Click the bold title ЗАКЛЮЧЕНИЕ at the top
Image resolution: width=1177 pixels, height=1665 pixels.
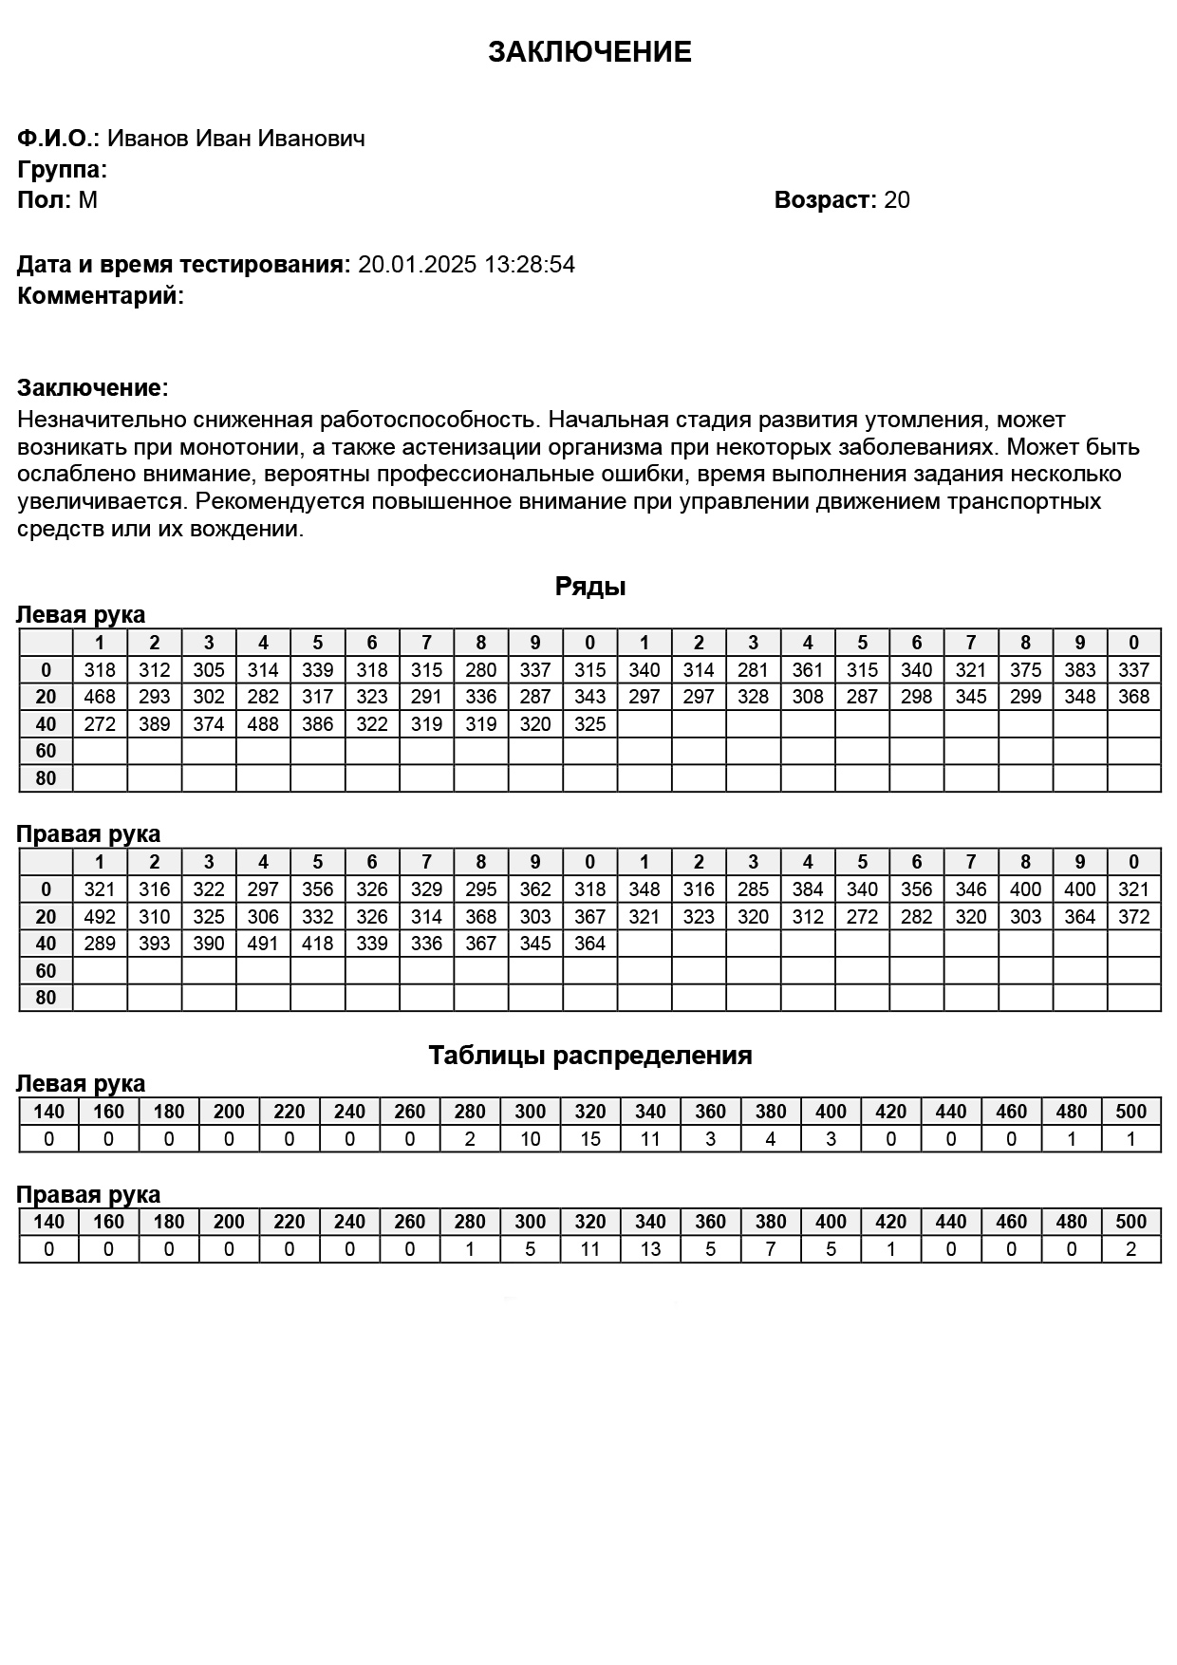pyautogui.click(x=589, y=52)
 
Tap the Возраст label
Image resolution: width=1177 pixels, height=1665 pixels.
pyautogui.click(x=823, y=200)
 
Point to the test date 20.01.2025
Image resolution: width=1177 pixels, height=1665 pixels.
pyautogui.click(x=417, y=265)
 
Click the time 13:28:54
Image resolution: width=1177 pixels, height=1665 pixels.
pyautogui.click(x=530, y=265)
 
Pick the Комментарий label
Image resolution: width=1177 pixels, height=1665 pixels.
pyautogui.click(x=99, y=296)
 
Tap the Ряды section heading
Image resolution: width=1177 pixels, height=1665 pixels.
pyautogui.click(x=589, y=587)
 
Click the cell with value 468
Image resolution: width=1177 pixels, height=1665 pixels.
pyautogui.click(x=100, y=697)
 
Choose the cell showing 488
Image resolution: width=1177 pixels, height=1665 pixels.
pyautogui.click(x=263, y=724)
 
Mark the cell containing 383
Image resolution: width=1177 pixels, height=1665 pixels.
pyautogui.click(x=1080, y=670)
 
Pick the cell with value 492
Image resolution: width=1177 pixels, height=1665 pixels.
pyautogui.click(x=100, y=917)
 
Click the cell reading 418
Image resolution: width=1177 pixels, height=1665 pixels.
pyautogui.click(x=317, y=944)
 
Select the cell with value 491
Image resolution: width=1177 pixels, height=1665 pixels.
pyautogui.click(x=263, y=944)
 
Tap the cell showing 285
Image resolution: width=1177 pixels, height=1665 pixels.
pyautogui.click(x=753, y=889)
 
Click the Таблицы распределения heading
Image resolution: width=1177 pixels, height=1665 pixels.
pyautogui.click(x=589, y=1056)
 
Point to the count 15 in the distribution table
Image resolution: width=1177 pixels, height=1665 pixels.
pyautogui.click(x=589, y=1139)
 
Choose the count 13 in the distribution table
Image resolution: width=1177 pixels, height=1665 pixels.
pyautogui.click(x=650, y=1249)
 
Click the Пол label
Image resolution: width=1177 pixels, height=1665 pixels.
pyautogui.click(x=44, y=200)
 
